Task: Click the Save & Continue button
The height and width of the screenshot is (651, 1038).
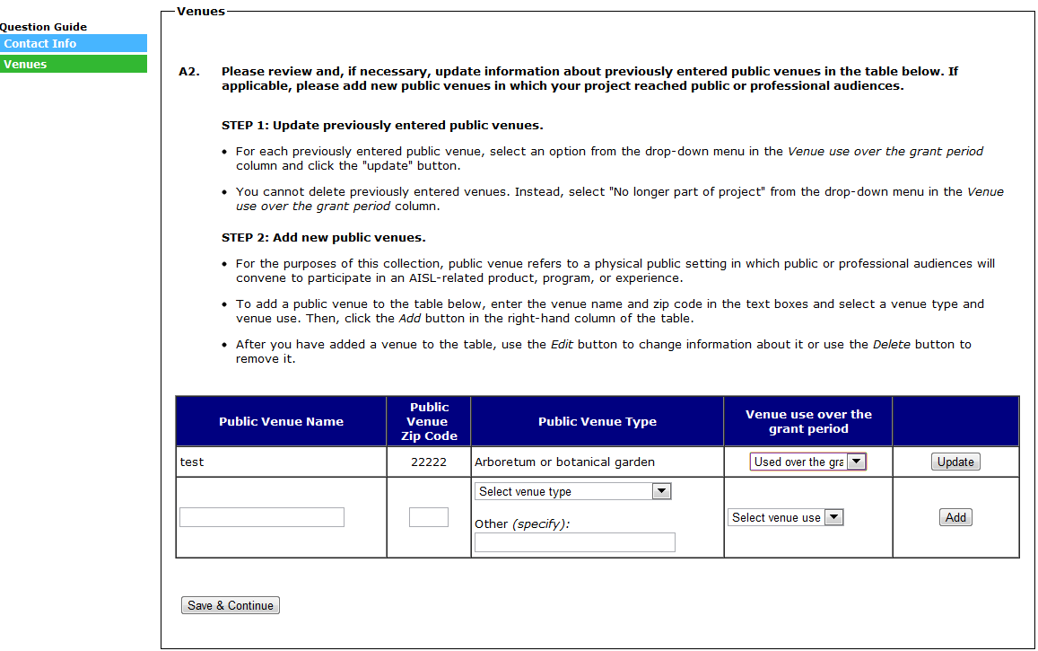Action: pos(231,606)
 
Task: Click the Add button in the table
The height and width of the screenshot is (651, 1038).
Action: pos(955,517)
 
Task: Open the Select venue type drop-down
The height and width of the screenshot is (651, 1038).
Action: pos(573,491)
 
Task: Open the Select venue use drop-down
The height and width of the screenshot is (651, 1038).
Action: pos(786,517)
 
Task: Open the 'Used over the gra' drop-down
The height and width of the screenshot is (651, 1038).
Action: pos(808,462)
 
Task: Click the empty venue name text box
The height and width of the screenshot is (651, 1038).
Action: pos(262,517)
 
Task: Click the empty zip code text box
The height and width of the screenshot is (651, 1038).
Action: pos(429,517)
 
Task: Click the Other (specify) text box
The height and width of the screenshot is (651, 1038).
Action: pos(574,542)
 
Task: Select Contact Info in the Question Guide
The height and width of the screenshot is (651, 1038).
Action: pos(74,43)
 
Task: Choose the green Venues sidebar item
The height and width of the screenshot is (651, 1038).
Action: pos(74,64)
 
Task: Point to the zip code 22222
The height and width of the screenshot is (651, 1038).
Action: pos(429,462)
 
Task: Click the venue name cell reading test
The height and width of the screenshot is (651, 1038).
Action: pos(192,462)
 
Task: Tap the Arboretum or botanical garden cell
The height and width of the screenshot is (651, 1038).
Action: pos(564,462)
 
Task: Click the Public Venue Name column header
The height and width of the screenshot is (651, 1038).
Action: pos(281,421)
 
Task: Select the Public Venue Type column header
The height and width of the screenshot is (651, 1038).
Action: pos(598,421)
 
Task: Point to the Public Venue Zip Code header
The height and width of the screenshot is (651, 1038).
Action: pos(429,421)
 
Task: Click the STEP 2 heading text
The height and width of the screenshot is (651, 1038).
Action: pos(323,238)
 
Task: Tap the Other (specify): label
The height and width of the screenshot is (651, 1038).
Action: pos(522,523)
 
